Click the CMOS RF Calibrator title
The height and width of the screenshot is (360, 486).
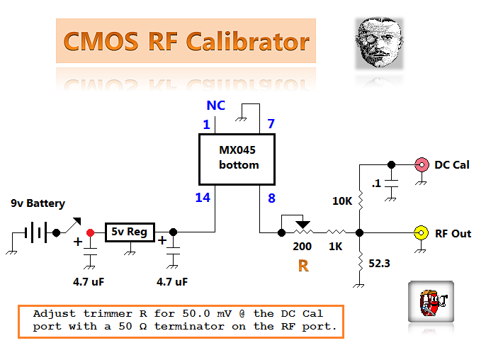(186, 41)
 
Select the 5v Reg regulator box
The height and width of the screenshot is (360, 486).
(130, 232)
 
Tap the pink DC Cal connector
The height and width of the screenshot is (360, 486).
(421, 164)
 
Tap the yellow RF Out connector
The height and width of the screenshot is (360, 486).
(421, 232)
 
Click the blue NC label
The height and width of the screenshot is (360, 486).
(215, 106)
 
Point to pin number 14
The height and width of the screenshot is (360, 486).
(203, 198)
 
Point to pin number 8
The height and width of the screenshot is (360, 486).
(271, 198)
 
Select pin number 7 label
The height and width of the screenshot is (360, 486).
(271, 125)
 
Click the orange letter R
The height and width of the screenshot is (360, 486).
(303, 266)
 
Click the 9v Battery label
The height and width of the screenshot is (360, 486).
(38, 203)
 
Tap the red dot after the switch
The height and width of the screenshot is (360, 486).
(90, 232)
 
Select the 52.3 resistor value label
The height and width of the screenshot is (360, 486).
(378, 263)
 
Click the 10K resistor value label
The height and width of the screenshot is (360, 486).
(343, 201)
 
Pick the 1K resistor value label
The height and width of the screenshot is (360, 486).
(334, 247)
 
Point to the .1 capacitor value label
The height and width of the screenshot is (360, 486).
(376, 184)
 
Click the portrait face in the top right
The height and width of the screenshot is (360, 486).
(379, 43)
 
